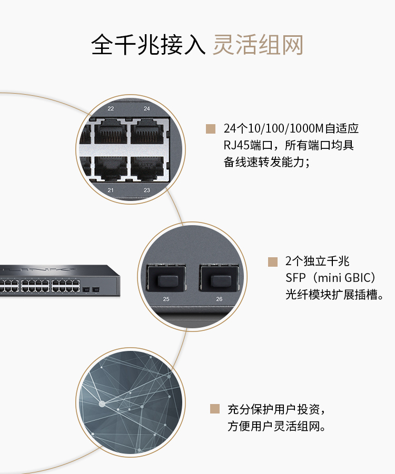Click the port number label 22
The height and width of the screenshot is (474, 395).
pyautogui.click(x=111, y=108)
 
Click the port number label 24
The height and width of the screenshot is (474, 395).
pyautogui.click(x=147, y=108)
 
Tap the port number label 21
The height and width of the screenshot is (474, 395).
pyautogui.click(x=111, y=190)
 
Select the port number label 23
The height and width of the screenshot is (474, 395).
pyautogui.click(x=147, y=190)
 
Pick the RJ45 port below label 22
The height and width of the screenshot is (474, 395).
pyautogui.click(x=111, y=132)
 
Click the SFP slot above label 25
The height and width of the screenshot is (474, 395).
pyautogui.click(x=166, y=277)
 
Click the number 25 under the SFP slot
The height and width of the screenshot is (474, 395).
pyautogui.click(x=166, y=299)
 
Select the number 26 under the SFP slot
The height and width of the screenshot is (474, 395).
pyautogui.click(x=219, y=299)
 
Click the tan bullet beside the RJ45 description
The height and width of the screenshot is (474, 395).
pyautogui.click(x=211, y=128)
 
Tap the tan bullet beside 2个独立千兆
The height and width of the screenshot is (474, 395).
pyautogui.click(x=272, y=261)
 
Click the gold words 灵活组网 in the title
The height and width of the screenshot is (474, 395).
pyautogui.click(x=258, y=45)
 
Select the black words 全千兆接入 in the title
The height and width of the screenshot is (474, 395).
pyautogui.click(x=148, y=45)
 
